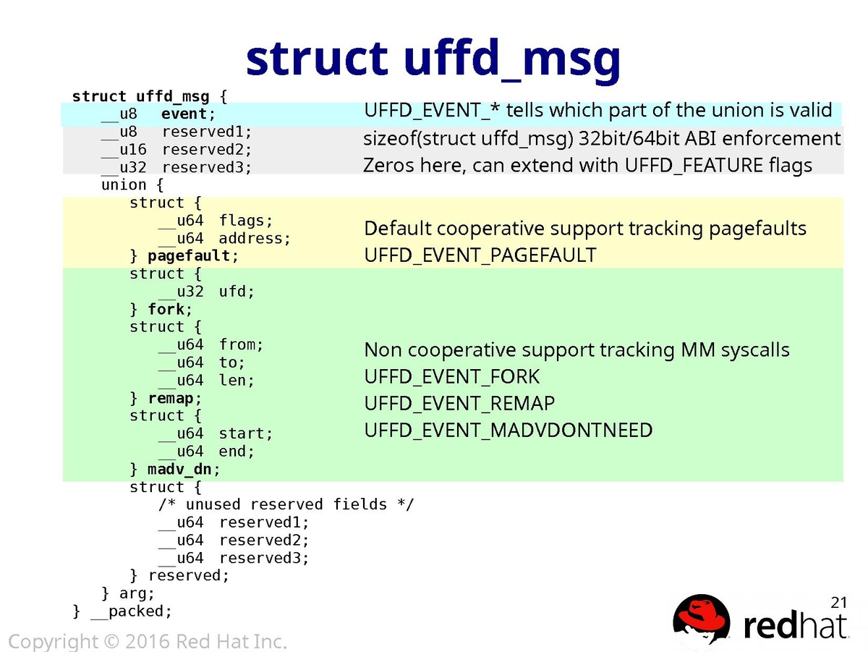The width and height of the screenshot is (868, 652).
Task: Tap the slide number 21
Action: tap(838, 602)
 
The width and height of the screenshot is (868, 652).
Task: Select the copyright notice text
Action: tap(148, 641)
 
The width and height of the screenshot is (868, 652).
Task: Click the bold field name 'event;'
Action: tap(188, 114)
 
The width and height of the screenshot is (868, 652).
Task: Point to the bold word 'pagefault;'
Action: tap(192, 256)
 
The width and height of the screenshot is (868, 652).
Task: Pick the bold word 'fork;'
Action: tap(170, 310)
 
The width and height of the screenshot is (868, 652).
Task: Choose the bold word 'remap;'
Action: tap(174, 399)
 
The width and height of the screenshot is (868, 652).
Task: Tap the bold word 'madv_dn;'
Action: tap(183, 470)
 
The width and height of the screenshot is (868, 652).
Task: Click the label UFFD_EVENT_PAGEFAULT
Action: tap(480, 255)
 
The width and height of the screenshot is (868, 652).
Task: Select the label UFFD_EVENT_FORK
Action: tap(451, 377)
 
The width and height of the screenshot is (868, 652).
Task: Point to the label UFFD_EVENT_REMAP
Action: tap(459, 404)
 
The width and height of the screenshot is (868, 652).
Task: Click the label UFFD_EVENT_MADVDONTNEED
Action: tap(508, 431)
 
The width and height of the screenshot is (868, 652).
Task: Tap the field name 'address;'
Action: tap(255, 239)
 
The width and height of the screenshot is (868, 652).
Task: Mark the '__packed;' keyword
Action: tap(131, 611)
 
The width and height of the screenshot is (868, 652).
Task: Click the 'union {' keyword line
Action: tap(132, 185)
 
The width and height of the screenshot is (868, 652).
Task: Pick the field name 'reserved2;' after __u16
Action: tap(206, 150)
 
